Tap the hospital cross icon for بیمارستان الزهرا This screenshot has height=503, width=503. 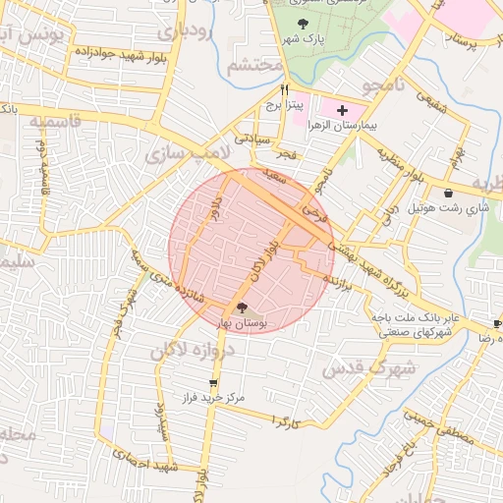pos(342,111)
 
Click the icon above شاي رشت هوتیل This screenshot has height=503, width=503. pos(449,193)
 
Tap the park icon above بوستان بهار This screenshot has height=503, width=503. pos(243,307)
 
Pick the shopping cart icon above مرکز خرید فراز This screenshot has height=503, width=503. pos(213,383)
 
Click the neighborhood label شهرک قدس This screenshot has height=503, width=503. pos(358,367)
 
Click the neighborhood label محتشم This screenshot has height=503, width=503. pos(253,66)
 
